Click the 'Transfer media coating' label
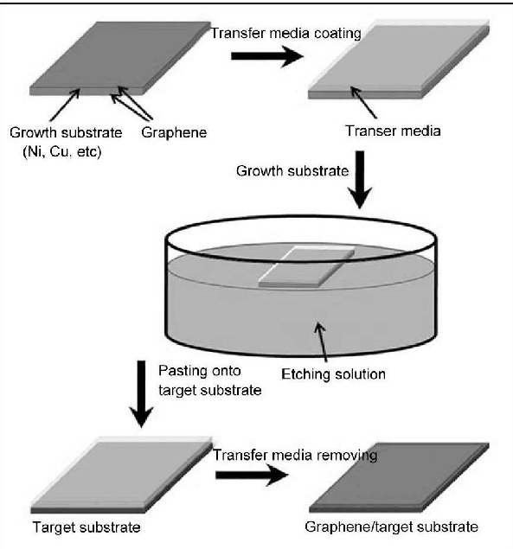tap(285, 33)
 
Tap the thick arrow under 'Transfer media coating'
tap(267, 55)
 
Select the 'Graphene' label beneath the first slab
tap(174, 132)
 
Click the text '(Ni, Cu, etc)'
tap(62, 151)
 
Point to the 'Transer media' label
tap(393, 131)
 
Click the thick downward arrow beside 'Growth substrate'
tap(360, 180)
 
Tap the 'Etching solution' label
tap(333, 374)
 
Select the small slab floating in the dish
tap(306, 267)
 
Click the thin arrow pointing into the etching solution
tap(321, 342)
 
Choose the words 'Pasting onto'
tap(199, 371)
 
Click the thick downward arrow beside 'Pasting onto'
tap(141, 394)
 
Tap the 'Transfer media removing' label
tap(295, 455)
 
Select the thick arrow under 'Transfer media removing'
tap(252, 475)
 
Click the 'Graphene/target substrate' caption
tap(391, 527)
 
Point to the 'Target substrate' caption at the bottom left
tap(87, 527)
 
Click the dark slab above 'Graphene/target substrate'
tap(399, 477)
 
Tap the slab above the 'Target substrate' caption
tap(122, 476)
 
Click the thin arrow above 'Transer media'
tap(363, 103)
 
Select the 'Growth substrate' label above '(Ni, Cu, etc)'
tap(66, 132)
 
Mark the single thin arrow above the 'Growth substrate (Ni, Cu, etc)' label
tap(65, 105)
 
